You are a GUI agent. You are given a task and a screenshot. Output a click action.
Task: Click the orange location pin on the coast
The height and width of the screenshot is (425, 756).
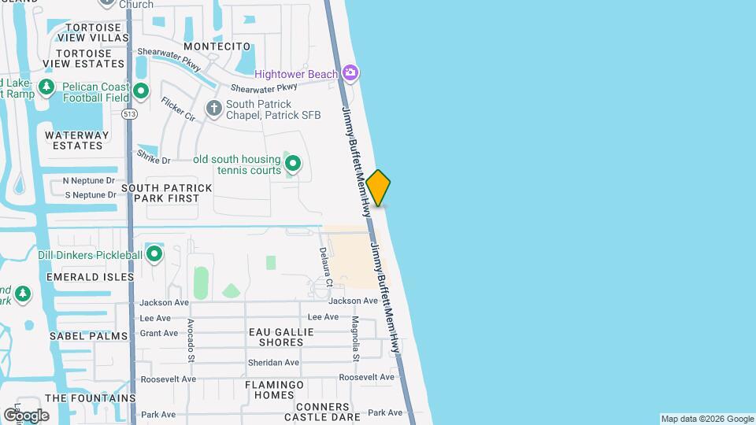[x=379, y=187]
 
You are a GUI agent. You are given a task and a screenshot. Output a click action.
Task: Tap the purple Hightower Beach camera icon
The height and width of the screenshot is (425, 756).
[x=351, y=74]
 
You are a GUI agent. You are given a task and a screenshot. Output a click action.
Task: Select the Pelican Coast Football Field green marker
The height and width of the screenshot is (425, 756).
[x=141, y=91]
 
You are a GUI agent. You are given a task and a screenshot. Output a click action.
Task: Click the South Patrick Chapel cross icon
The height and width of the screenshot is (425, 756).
[x=213, y=109]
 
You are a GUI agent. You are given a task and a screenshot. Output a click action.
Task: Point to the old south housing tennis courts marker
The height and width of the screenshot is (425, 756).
[x=293, y=164]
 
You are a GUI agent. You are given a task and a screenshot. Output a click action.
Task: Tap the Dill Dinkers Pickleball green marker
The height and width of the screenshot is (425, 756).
[x=154, y=254]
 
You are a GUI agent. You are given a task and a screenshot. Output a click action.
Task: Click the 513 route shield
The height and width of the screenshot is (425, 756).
[x=128, y=114]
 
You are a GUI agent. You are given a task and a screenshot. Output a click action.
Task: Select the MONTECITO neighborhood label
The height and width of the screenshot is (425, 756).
[x=217, y=46]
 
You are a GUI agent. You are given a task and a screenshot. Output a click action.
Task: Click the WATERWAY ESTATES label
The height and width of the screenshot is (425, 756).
[x=74, y=140]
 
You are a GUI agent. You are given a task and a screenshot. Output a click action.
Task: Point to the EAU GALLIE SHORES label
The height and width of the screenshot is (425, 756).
[x=281, y=337]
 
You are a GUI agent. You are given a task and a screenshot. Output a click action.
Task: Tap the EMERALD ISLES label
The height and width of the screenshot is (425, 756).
[x=85, y=277]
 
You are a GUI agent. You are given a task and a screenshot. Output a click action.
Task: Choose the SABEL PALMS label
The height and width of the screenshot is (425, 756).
[x=88, y=336]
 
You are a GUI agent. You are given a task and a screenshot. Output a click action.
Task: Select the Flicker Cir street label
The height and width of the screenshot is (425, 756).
[x=178, y=109]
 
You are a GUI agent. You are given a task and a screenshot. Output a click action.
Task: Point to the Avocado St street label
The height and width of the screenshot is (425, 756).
[x=191, y=340]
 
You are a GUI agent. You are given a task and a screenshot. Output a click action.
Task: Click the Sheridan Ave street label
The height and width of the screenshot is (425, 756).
[x=273, y=362]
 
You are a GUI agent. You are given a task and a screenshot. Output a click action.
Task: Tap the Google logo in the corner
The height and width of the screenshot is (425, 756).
[x=25, y=415]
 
